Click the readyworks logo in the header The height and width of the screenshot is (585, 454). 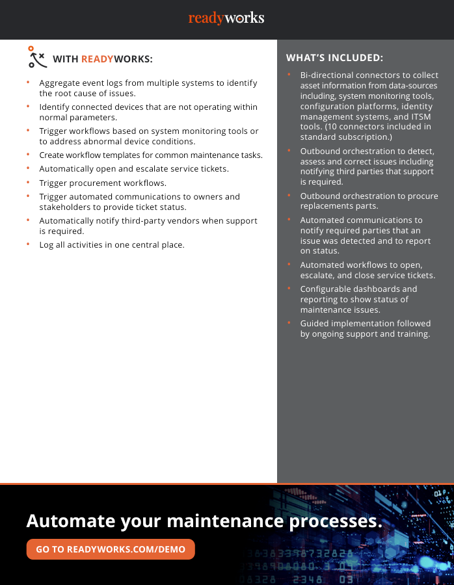226,18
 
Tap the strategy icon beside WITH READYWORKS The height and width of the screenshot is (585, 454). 37,57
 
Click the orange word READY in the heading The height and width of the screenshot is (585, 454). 97,59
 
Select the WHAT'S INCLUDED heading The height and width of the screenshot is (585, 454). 334,58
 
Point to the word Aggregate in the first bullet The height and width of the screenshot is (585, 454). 60,83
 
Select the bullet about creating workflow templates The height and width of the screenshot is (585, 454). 151,155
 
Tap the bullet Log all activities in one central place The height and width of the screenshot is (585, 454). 112,244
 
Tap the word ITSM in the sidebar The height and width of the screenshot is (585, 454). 425,117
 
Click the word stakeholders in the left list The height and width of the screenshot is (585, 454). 64,207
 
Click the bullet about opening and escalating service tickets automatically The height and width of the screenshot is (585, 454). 133,169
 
